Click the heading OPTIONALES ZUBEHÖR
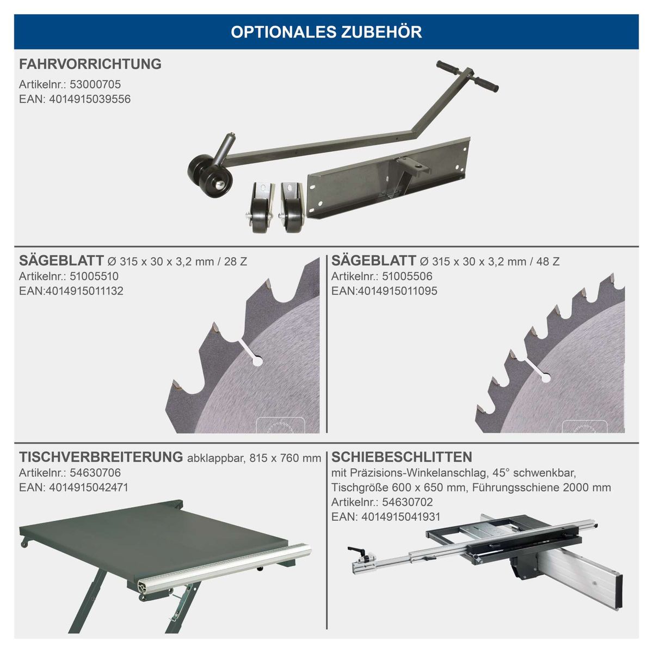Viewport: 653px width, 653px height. pyautogui.click(x=326, y=32)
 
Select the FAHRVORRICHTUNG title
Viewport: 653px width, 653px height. pyautogui.click(x=90, y=64)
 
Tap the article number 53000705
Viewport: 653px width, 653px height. pyautogui.click(x=95, y=84)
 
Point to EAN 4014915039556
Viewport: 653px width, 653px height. pyautogui.click(x=90, y=99)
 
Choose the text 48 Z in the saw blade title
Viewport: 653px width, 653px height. pyautogui.click(x=547, y=262)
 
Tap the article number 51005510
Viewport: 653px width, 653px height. pyautogui.click(x=94, y=276)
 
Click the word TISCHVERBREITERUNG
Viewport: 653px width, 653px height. pyautogui.click(x=101, y=457)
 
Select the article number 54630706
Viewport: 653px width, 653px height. pyautogui.click(x=95, y=473)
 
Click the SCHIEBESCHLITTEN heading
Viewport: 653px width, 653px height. pyautogui.click(x=402, y=457)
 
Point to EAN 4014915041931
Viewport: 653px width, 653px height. pyautogui.click(x=401, y=517)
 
